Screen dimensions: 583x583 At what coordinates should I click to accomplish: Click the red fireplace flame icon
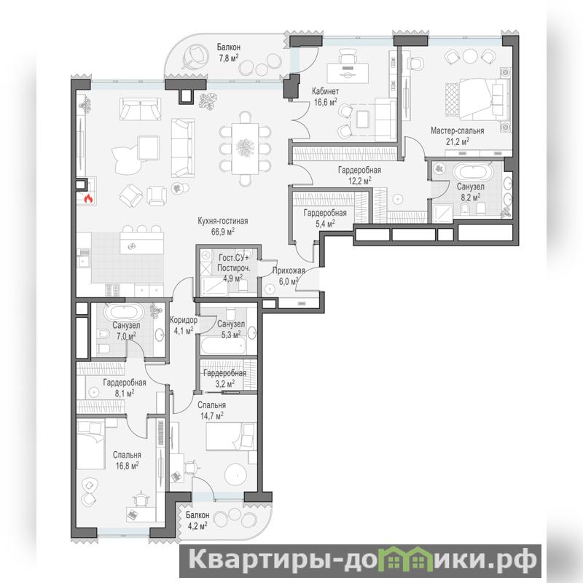tap(88, 199)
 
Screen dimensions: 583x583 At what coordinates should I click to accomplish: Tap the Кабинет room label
tap(325, 91)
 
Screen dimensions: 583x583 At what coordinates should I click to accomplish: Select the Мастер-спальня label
tap(458, 131)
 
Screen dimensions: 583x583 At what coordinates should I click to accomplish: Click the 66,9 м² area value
tap(223, 232)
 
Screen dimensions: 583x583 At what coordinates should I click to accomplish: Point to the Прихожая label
tap(289, 270)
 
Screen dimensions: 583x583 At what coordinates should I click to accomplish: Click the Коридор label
tap(184, 320)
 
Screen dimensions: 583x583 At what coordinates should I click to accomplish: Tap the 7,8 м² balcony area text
tap(228, 58)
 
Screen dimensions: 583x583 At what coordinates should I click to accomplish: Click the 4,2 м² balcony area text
tap(197, 525)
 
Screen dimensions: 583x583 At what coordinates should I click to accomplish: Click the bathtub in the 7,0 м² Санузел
tap(124, 312)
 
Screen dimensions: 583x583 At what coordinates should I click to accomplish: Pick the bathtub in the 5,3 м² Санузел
tap(223, 346)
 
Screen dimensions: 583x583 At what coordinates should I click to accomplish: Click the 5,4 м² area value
tap(325, 224)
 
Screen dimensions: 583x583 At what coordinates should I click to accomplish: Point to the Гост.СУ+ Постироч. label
tap(234, 262)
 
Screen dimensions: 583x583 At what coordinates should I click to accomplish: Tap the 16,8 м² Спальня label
tap(127, 460)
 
